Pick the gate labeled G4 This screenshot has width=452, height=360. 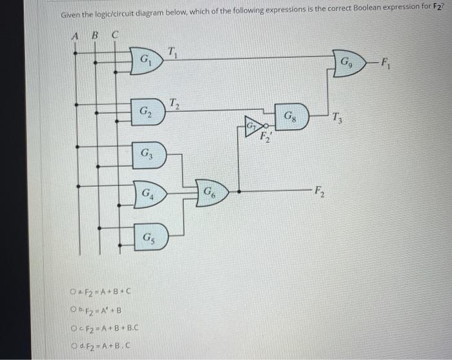[x=149, y=193]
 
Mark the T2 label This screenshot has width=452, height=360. [x=174, y=101]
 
